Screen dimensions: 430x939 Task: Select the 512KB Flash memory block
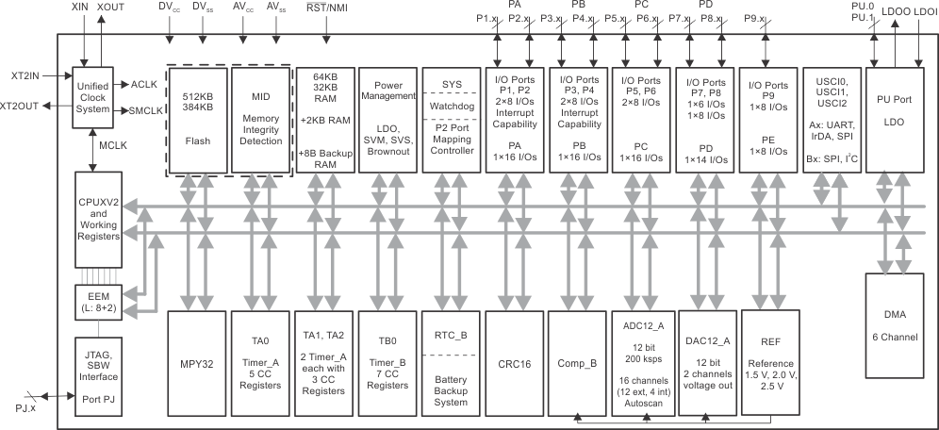point(198,120)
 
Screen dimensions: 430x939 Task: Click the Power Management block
point(387,120)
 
